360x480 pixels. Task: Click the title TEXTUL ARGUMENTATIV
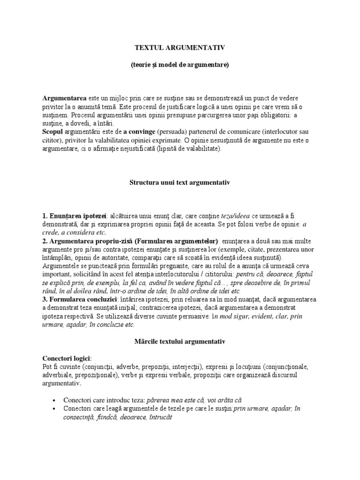tap(180, 47)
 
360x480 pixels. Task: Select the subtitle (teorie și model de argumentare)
tap(180, 65)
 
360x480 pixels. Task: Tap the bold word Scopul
tap(54, 132)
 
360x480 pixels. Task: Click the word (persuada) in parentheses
tap(172, 132)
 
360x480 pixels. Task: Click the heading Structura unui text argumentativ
tap(180, 181)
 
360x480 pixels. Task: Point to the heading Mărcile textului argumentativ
tap(180, 342)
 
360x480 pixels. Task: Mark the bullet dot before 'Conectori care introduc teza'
tap(54, 401)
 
